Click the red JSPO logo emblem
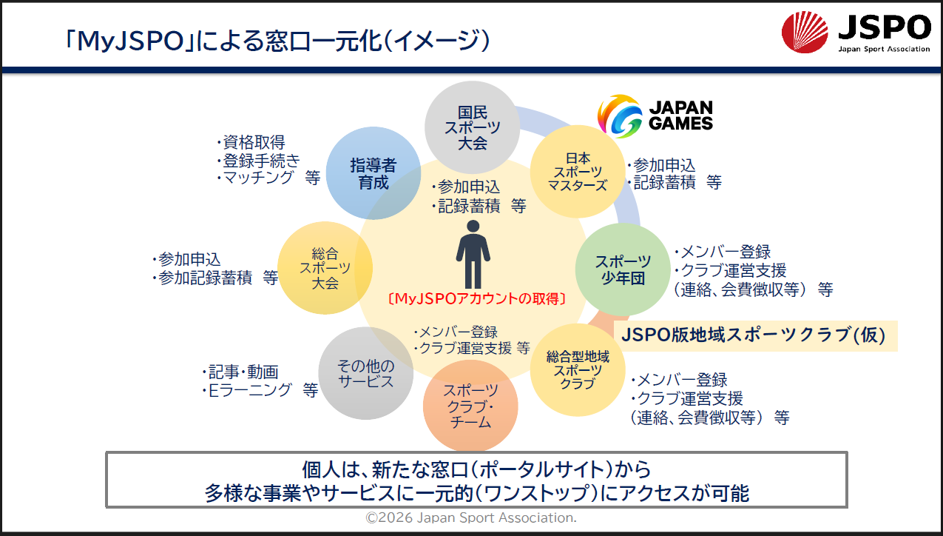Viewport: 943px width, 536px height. coord(805,32)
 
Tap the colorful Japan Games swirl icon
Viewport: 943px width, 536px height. coord(620,116)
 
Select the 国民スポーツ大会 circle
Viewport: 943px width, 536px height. coord(472,127)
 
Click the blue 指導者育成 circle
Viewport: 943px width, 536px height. coord(374,173)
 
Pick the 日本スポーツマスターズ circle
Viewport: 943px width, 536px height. coord(578,172)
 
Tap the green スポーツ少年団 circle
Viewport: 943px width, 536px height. coord(623,269)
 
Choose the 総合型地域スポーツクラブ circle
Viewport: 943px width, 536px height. coord(578,370)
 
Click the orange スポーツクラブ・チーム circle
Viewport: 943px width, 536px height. coord(470,406)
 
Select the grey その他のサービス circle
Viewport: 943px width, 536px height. coord(366,373)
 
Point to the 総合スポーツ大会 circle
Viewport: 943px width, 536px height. coord(325,268)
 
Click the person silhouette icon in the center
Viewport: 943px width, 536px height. coord(473,254)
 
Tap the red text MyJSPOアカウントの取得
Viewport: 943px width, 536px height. coord(476,299)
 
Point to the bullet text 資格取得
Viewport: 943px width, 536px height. coord(254,142)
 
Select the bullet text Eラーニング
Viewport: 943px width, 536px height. coord(250,390)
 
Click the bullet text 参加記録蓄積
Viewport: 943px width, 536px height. coord(206,278)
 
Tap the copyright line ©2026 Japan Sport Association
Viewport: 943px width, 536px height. coord(471,517)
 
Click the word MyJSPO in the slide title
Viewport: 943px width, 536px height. coord(131,41)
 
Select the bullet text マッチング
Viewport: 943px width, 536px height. coord(258,178)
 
